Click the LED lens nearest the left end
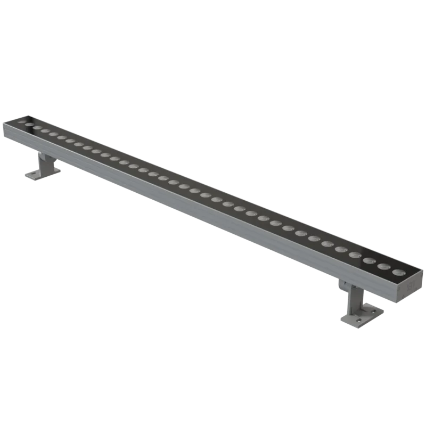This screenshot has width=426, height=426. [21, 122]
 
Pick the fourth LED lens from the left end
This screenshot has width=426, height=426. [45, 131]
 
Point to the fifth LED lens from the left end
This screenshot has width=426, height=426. [54, 134]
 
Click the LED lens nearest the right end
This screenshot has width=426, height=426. [397, 272]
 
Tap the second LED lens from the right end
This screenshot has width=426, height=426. [383, 266]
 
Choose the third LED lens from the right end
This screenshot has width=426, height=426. [369, 260]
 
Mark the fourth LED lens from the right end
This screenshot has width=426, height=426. [355, 255]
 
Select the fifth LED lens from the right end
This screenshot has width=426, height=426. [341, 249]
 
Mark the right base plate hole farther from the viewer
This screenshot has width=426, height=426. [375, 310]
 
